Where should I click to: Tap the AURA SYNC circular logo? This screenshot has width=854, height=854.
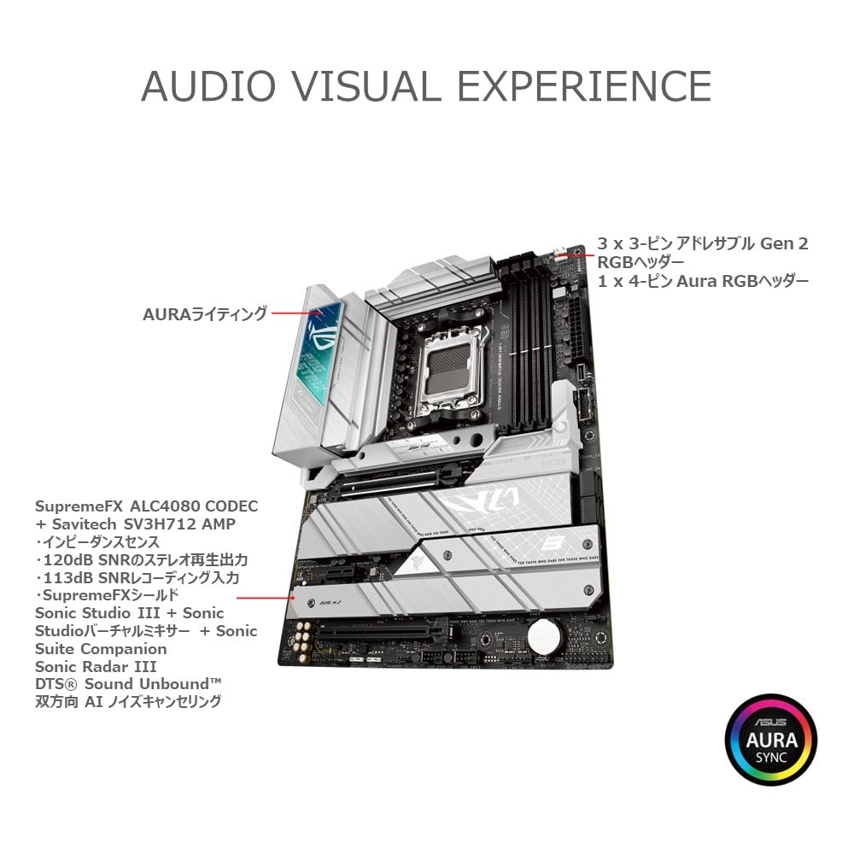tap(771, 740)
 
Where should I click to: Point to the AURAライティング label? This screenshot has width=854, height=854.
tap(205, 314)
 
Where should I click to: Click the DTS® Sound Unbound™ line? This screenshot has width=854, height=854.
tap(128, 684)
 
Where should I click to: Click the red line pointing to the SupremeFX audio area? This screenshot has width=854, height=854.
tap(262, 597)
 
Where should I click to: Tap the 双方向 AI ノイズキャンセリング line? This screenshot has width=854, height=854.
tap(128, 702)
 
